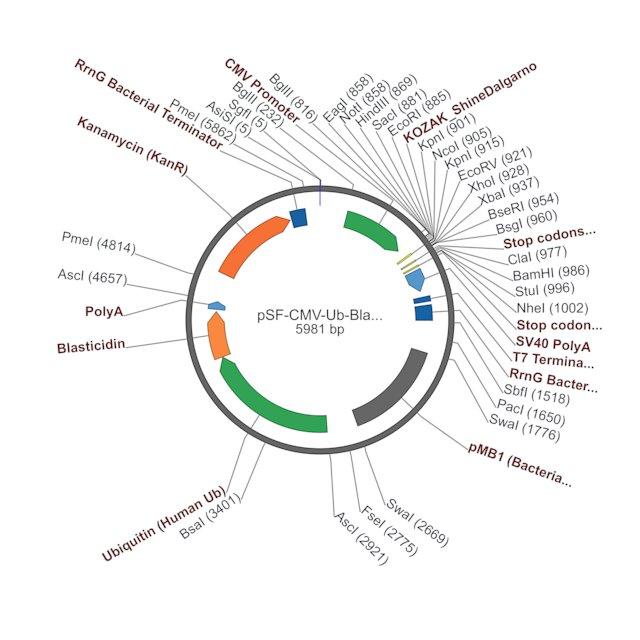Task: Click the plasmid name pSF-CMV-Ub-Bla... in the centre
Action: tap(320, 316)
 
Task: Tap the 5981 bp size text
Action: tap(320, 329)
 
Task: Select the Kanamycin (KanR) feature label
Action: tap(132, 146)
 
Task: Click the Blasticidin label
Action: tap(91, 346)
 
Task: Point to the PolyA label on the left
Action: tap(104, 311)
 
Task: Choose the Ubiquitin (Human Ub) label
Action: tap(164, 524)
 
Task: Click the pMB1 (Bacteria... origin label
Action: tap(520, 465)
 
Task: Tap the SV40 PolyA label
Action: tap(553, 344)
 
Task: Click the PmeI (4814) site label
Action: tap(98, 243)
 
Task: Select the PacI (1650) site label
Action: tap(531, 412)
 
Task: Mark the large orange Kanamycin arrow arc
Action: tap(250, 244)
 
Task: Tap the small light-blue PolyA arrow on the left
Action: tap(217, 306)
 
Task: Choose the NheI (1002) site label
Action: tap(553, 308)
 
